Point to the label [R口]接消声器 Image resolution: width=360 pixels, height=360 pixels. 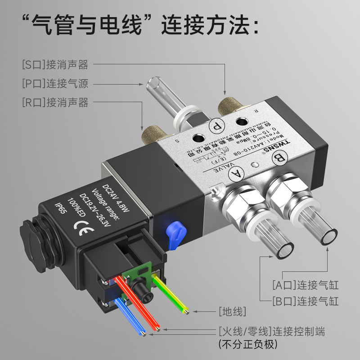(x=55, y=102)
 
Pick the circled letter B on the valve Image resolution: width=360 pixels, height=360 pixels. (x=280, y=157)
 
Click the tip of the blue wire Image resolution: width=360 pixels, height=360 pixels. (x=143, y=333)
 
